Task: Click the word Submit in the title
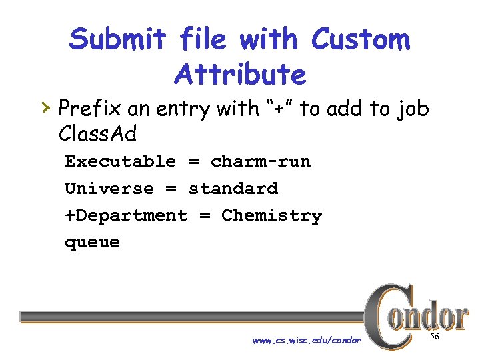118,40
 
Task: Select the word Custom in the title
361,40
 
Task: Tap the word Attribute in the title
240,74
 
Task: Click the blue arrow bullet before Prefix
45,106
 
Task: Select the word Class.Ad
97,134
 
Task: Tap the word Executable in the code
120,161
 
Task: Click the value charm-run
261,161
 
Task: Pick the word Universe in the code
109,189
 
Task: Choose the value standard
233,189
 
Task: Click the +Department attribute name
126,215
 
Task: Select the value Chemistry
271,215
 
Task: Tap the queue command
92,243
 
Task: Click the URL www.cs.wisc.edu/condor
307,341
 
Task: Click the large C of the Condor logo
384,316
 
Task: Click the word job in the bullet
411,108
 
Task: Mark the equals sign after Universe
171,189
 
